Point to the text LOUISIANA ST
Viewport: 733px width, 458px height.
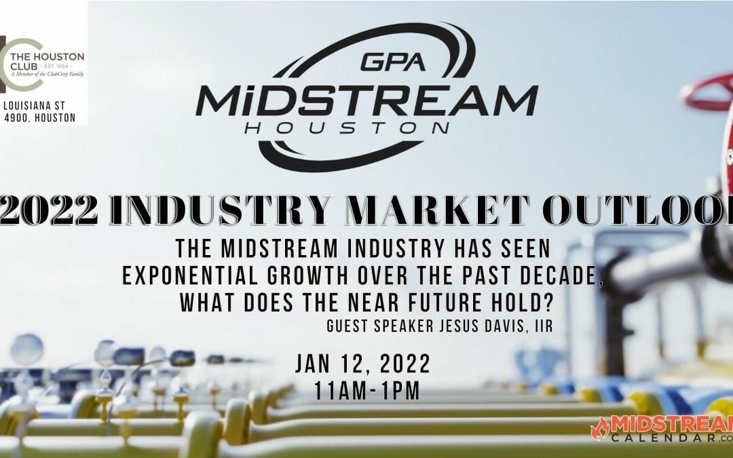(39, 106)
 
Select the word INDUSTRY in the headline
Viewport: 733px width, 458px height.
(223, 211)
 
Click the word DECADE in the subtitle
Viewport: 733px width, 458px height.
(559, 274)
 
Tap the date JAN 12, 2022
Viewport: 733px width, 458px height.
(362, 365)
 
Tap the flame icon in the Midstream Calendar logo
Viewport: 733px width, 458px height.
(600, 429)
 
